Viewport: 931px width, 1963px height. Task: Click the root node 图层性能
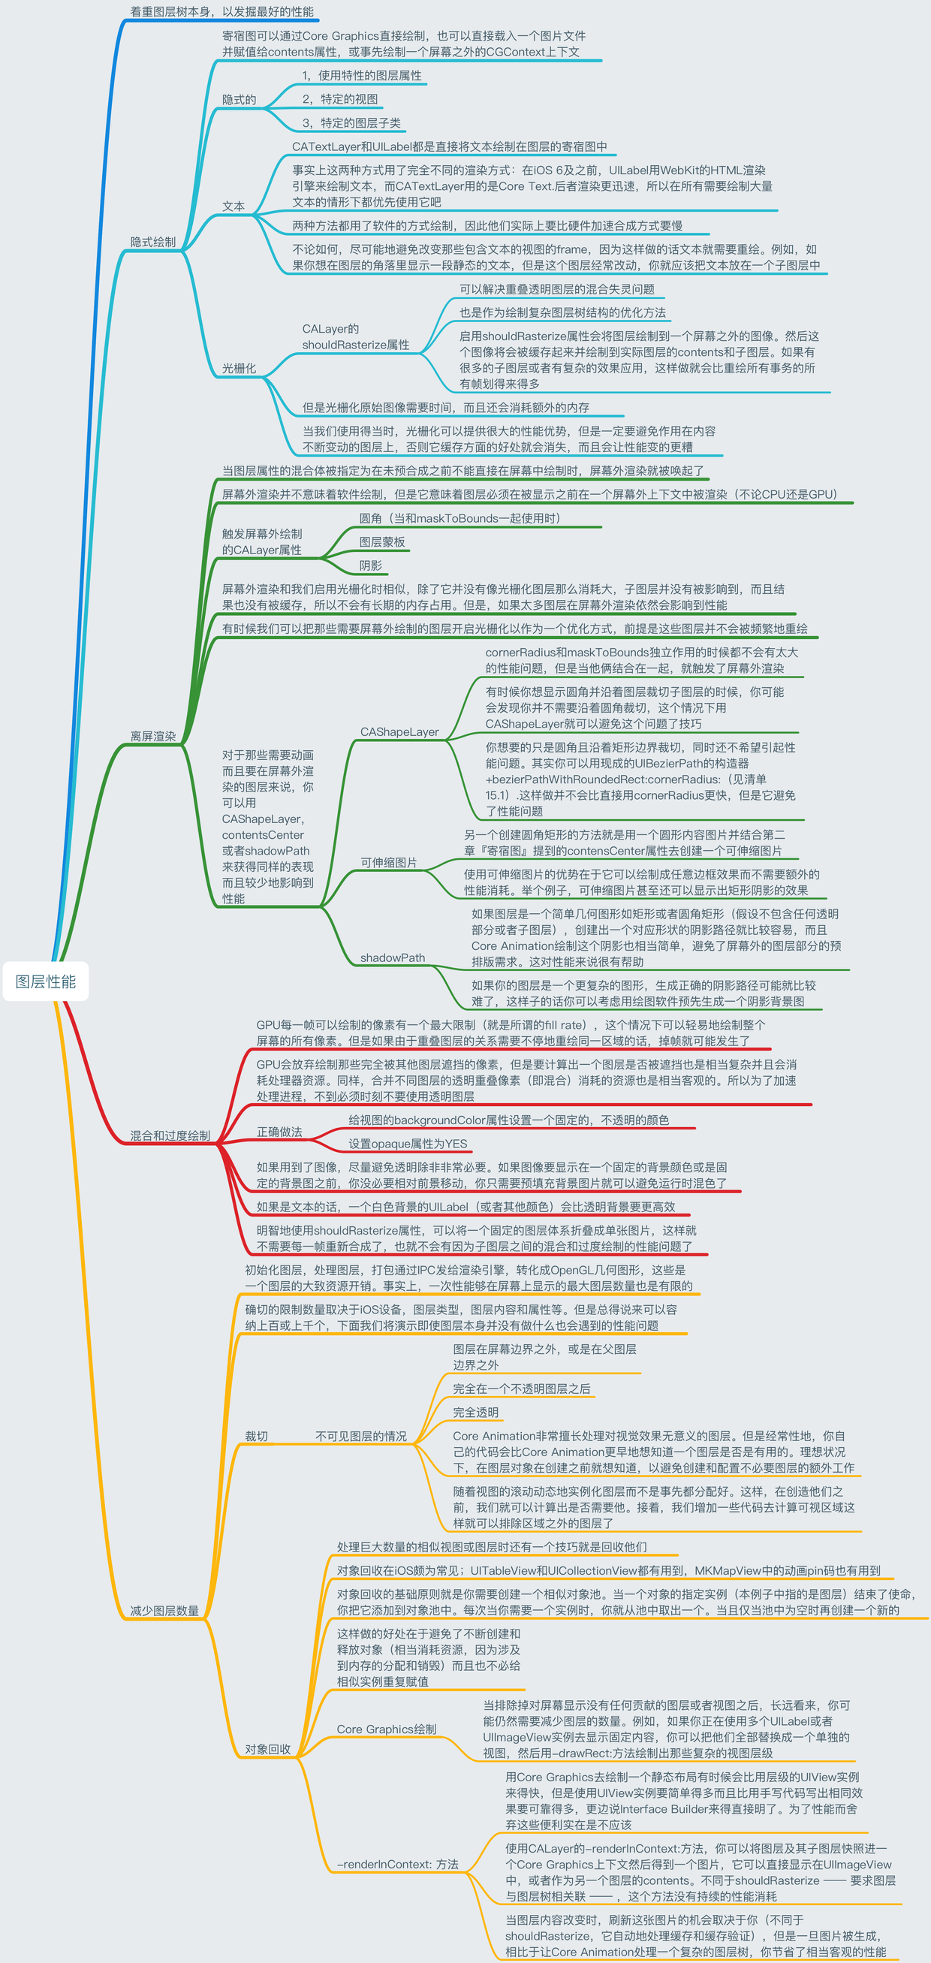46,981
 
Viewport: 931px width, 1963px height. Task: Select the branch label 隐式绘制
152,242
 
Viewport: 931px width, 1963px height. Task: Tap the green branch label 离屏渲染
152,736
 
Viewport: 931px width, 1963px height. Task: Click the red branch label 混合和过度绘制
170,1135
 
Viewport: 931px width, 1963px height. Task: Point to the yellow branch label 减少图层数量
164,1611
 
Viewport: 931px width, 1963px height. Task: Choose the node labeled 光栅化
239,368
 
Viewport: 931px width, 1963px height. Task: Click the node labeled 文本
234,206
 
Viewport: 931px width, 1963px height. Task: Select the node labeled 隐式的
239,100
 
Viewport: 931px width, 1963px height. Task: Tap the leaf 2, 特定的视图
340,99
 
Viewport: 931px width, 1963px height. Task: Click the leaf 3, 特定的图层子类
351,122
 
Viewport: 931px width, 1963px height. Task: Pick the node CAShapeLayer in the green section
399,731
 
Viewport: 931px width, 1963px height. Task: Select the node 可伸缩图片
389,863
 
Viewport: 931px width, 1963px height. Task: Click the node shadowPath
393,958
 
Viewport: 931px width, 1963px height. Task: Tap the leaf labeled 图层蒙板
381,541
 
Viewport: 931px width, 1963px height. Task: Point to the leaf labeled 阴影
370,565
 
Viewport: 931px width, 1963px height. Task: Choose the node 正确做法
279,1132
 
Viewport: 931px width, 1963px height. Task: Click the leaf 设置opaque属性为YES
408,1144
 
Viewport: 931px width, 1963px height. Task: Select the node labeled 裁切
256,1437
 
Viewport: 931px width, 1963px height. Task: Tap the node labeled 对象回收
267,1749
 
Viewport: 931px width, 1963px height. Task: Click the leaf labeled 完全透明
475,1412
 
